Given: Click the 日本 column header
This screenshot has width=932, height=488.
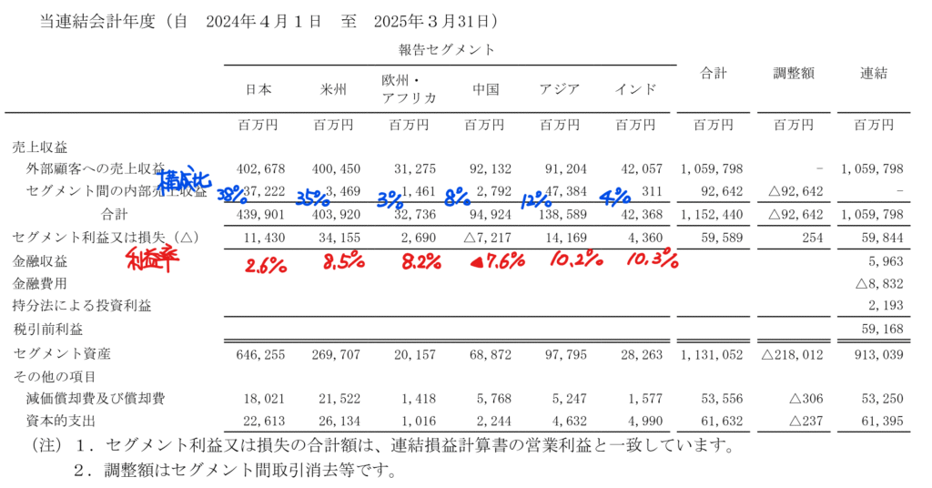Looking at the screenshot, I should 258,89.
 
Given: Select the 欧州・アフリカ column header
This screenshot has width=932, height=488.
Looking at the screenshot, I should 409,89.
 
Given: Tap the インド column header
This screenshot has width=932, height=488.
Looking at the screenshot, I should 635,89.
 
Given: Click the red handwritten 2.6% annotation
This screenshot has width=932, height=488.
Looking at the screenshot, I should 265,264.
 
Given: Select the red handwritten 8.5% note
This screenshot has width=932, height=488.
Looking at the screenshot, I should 343,264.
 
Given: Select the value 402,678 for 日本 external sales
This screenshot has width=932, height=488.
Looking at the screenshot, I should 261,169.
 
